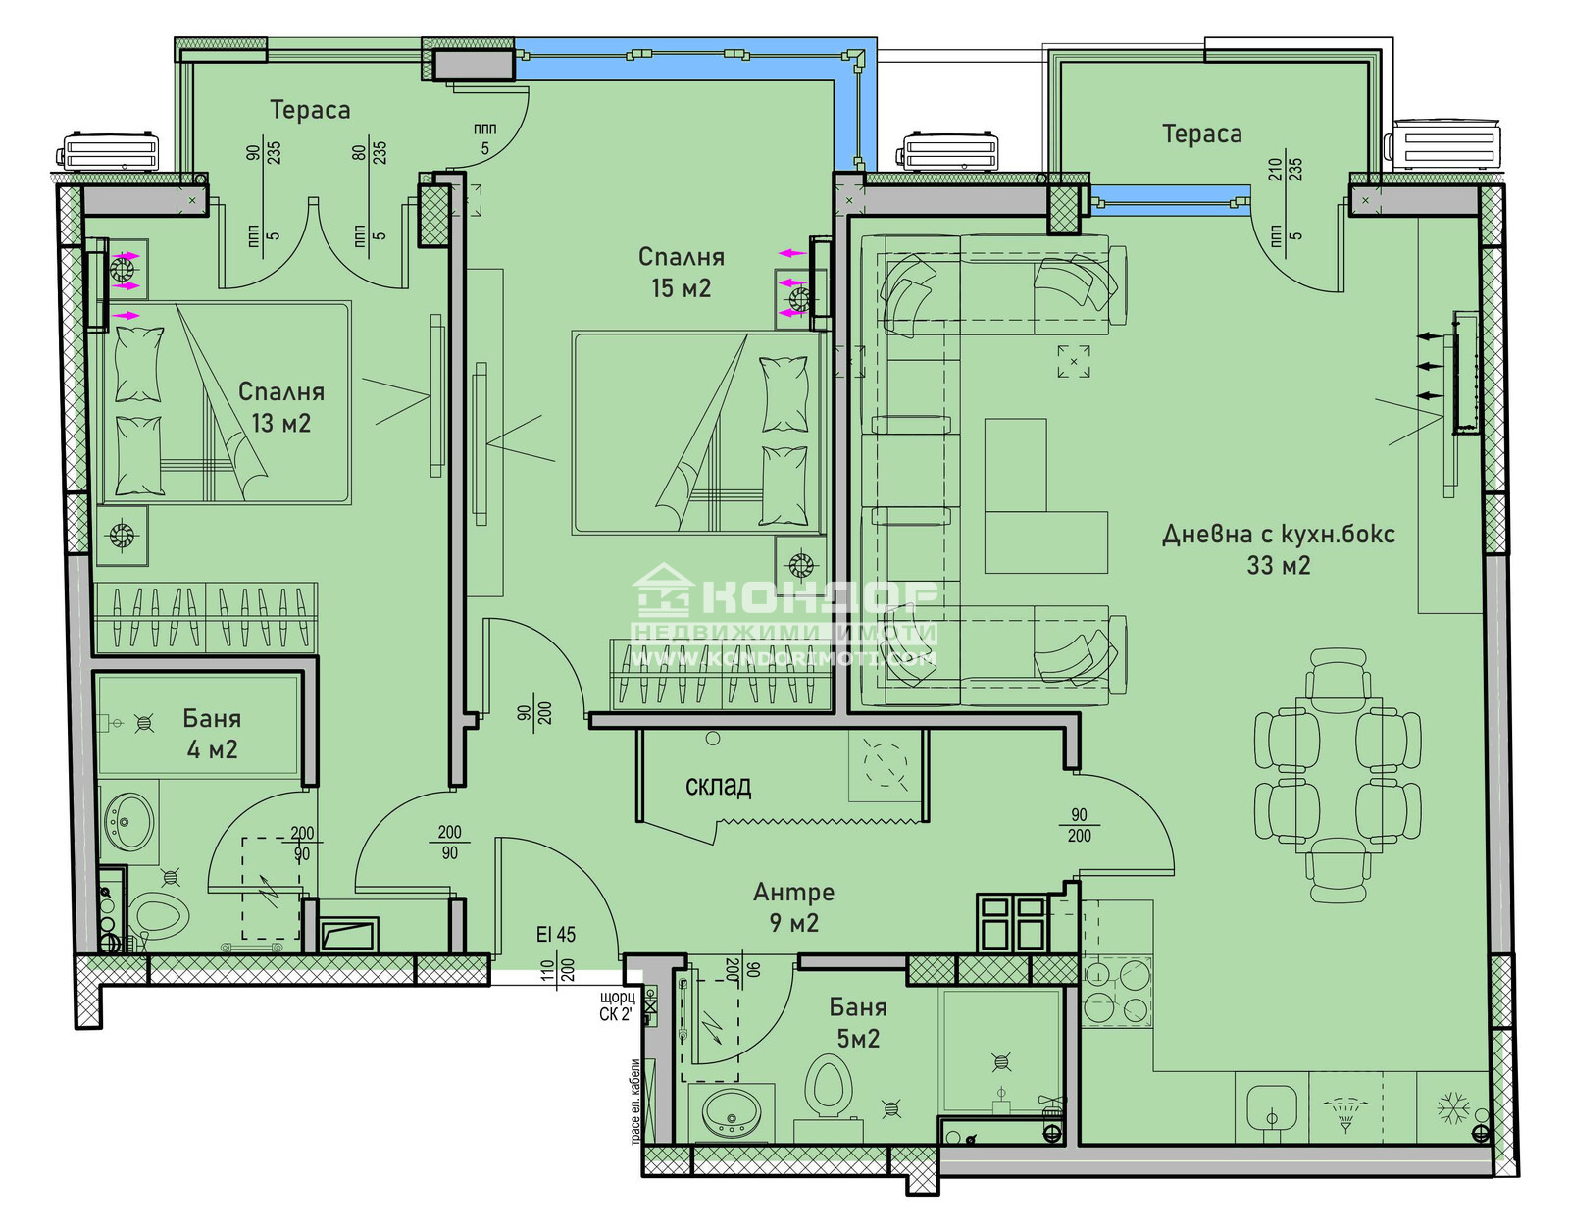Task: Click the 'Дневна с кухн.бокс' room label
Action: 1278,535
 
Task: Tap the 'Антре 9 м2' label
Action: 793,906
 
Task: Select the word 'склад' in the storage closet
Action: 718,786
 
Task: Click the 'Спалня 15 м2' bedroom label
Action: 681,272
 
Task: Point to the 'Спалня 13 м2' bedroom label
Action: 280,406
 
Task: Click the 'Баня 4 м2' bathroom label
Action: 212,733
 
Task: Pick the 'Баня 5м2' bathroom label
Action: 858,1022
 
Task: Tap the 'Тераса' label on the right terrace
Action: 1201,134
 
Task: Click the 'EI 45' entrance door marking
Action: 555,935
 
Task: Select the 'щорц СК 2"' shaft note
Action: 617,1006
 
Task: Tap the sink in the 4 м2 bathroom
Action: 129,821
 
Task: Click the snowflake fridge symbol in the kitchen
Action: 1451,1109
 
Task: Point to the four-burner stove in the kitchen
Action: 1116,992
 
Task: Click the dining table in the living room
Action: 1338,775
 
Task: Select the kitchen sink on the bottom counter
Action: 1271,1109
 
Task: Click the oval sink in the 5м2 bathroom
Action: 731,1110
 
